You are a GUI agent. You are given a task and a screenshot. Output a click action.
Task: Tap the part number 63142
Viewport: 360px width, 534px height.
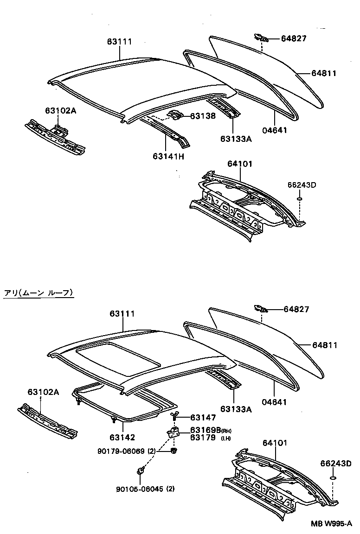[122, 437]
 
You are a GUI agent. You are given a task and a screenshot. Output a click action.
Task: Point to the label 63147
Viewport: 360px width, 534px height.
[203, 418]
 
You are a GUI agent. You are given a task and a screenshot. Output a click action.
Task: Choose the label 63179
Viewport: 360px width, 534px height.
[202, 437]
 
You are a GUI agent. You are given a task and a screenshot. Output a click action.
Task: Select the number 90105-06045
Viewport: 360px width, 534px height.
[136, 489]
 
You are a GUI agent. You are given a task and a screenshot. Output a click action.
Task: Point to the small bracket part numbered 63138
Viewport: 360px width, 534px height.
[175, 115]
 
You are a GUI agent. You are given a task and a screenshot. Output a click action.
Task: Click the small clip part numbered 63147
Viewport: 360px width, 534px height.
[175, 414]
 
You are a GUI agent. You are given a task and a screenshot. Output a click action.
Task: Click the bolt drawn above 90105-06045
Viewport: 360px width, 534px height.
[140, 471]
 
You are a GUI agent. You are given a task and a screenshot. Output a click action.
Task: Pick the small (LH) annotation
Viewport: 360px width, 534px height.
[226, 438]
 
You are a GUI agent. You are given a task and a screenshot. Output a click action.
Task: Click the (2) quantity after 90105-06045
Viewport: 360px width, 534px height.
[170, 489]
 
